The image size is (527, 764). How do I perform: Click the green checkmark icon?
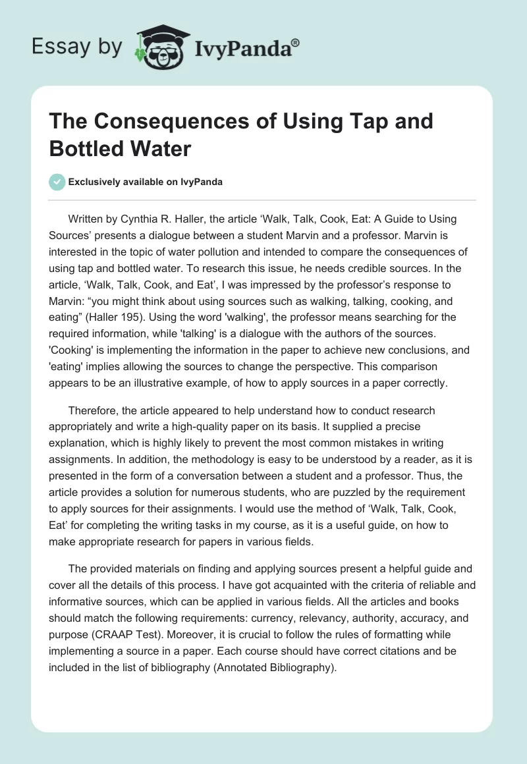[57, 182]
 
